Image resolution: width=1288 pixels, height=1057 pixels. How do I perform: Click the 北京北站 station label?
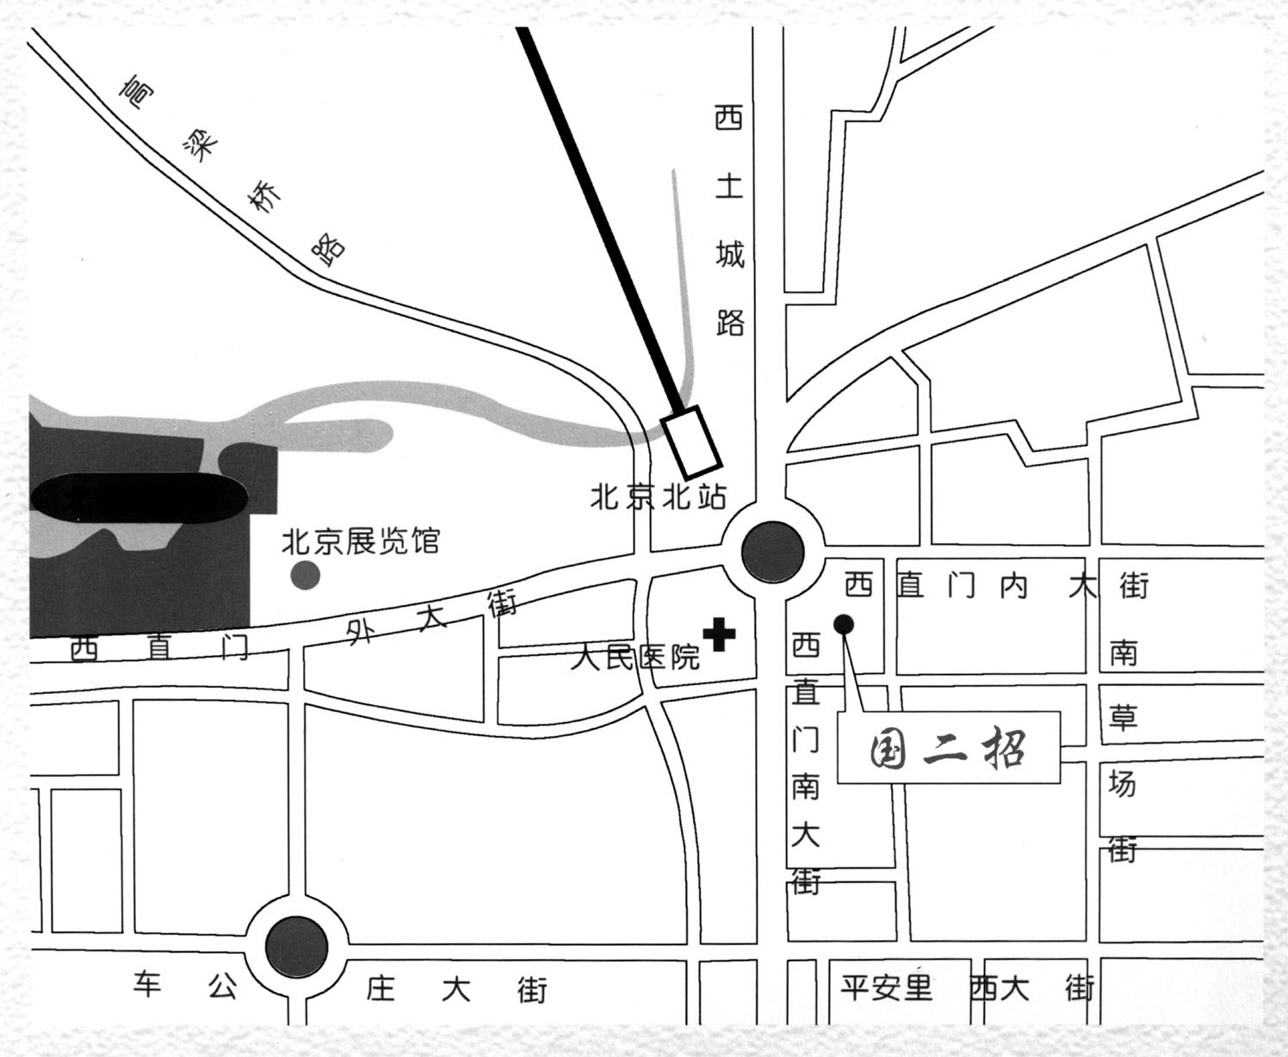tap(658, 498)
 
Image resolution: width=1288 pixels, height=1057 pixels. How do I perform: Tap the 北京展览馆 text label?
tap(362, 542)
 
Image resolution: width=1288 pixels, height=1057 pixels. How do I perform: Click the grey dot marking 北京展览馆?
tap(305, 575)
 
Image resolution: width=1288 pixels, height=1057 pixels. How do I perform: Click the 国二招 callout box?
tap(948, 747)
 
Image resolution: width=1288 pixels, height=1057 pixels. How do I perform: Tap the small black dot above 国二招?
tap(844, 623)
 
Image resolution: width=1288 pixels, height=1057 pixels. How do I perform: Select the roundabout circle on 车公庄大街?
tap(296, 949)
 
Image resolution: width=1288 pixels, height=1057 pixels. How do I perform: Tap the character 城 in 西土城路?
tap(729, 255)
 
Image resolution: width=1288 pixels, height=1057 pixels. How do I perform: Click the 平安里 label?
tap(887, 987)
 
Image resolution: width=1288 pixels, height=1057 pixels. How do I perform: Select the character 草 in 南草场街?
tap(1123, 718)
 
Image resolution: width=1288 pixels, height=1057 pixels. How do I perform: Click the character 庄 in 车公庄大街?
tap(380, 988)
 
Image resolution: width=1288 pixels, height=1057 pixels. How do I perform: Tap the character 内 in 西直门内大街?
tap(1014, 586)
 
